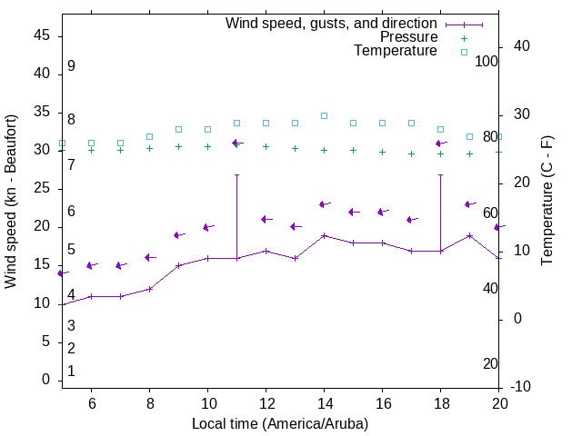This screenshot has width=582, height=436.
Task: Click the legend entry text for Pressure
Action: (x=408, y=37)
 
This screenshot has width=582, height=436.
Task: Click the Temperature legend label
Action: (x=396, y=51)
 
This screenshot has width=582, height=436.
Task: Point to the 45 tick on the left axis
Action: (x=42, y=35)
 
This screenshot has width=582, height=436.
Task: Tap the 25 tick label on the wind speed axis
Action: (x=42, y=188)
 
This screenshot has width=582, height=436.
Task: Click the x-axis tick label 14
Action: (x=324, y=404)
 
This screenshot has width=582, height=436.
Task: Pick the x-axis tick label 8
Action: (x=149, y=404)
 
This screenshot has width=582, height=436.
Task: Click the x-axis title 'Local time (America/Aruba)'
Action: (x=280, y=423)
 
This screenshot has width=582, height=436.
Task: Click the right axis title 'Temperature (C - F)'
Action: (x=547, y=201)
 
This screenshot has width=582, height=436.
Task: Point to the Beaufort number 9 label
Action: (x=71, y=66)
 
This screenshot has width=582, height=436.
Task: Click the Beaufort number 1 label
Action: (x=71, y=371)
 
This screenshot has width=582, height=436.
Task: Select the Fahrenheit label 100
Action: (x=487, y=61)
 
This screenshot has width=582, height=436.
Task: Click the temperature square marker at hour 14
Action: (x=324, y=115)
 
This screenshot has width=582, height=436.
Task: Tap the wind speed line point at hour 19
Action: (x=469, y=235)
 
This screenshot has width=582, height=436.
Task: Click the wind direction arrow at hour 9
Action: (x=179, y=235)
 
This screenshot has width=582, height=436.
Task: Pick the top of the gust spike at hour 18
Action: (x=440, y=174)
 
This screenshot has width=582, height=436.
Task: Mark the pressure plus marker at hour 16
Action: (x=382, y=152)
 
